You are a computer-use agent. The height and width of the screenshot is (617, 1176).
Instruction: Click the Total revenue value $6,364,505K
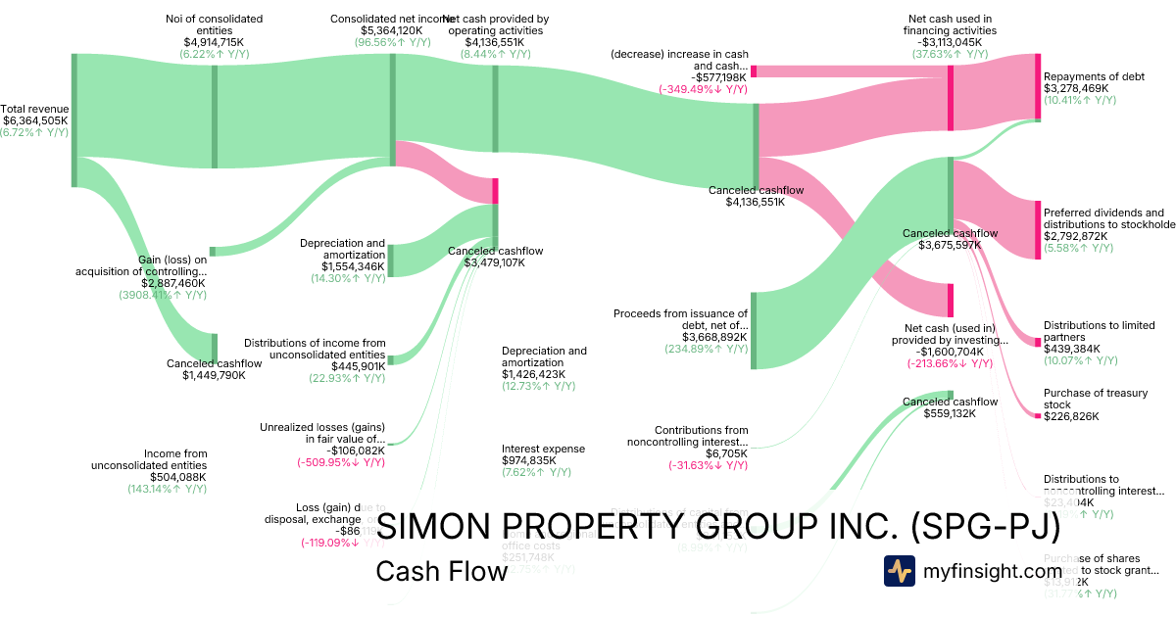tap(34, 120)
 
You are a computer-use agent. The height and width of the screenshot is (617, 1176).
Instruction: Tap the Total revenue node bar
tap(73, 119)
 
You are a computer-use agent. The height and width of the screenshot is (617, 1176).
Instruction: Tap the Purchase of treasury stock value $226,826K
tap(1071, 416)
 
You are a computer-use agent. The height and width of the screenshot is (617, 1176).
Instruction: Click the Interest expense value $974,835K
tap(529, 460)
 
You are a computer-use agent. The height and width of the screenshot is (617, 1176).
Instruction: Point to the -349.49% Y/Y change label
tap(703, 89)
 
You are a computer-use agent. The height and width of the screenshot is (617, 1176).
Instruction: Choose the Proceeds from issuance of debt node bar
tap(754, 330)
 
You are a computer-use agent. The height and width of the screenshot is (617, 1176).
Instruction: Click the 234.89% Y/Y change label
tap(706, 349)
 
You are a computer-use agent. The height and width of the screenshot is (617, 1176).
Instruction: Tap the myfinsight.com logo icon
tap(899, 571)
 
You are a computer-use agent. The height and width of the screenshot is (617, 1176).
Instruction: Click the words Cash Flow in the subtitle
tap(441, 571)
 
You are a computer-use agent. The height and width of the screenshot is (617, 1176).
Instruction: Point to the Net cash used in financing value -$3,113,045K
tap(950, 42)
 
